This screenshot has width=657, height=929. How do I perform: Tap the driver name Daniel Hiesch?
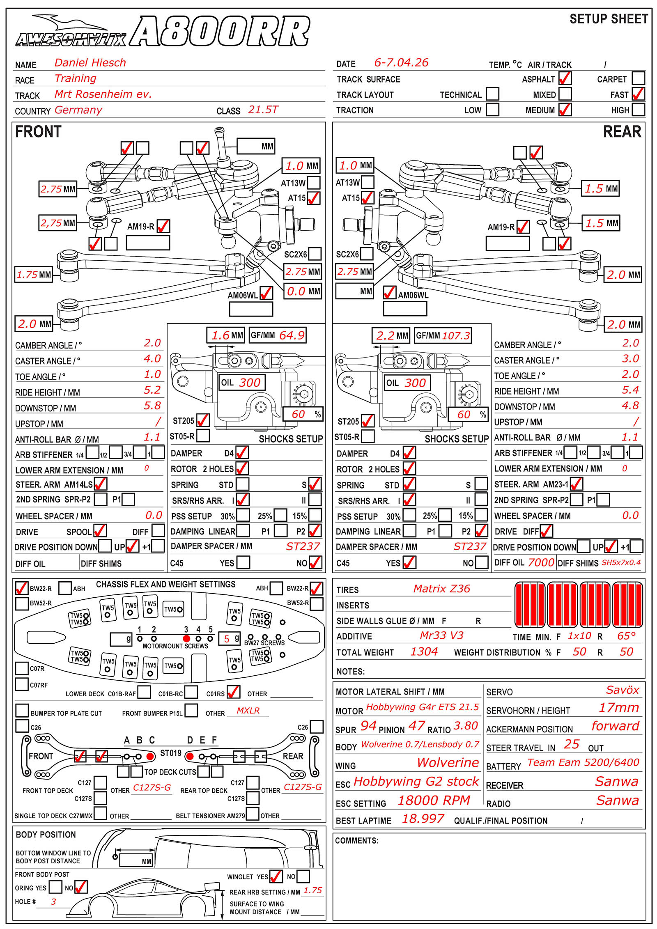click(90, 63)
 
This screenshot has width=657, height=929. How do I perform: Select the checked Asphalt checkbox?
click(565, 78)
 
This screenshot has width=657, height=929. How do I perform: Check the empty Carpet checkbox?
click(638, 78)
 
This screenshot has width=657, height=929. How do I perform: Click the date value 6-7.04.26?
click(401, 63)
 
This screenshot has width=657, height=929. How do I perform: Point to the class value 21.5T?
click(263, 110)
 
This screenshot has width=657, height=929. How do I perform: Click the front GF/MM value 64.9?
click(292, 335)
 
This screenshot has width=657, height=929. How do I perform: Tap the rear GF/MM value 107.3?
click(456, 335)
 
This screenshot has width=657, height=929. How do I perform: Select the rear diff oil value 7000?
click(541, 562)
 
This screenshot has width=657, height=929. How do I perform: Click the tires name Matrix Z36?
click(441, 589)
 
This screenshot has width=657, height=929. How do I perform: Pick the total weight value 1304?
click(424, 651)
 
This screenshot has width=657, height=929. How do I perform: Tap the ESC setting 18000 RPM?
click(434, 800)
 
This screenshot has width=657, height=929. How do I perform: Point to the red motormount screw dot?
click(186, 638)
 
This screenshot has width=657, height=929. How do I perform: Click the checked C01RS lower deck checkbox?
click(233, 692)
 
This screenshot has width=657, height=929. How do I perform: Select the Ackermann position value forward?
click(615, 726)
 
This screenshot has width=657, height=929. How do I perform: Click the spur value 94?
click(368, 726)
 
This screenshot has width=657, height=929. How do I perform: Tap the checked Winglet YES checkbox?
click(276, 876)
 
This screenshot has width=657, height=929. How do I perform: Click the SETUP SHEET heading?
click(609, 19)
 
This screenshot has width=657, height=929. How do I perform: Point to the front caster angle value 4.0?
click(152, 358)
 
